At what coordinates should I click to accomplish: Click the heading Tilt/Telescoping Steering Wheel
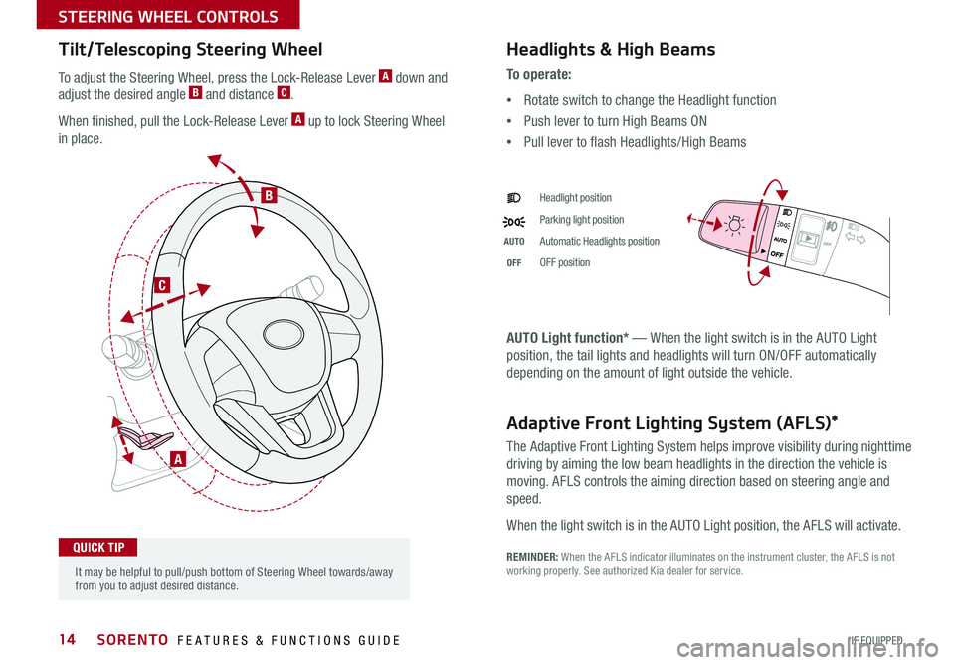click(x=191, y=49)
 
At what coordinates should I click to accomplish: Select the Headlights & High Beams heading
click(x=610, y=49)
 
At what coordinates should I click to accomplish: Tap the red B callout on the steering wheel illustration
click(x=269, y=197)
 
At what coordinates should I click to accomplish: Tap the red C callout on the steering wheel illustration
click(x=160, y=285)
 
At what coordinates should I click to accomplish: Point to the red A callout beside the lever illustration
click(x=176, y=458)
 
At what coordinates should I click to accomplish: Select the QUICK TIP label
click(x=97, y=547)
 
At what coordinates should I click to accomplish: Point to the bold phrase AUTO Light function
click(x=562, y=338)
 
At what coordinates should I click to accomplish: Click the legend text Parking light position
click(x=582, y=220)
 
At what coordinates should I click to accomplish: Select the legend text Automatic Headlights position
click(x=599, y=242)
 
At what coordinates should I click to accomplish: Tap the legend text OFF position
click(x=564, y=263)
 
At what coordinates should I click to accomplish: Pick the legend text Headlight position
click(x=576, y=198)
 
